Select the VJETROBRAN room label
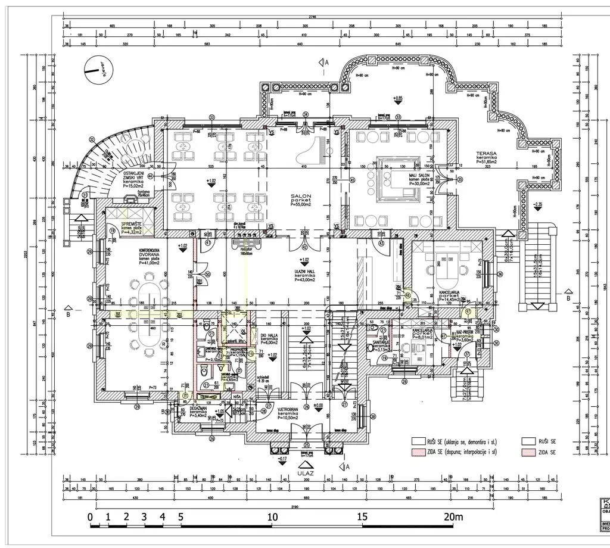click(288, 410)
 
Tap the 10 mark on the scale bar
click(272, 516)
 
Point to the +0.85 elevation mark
click(398, 98)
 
